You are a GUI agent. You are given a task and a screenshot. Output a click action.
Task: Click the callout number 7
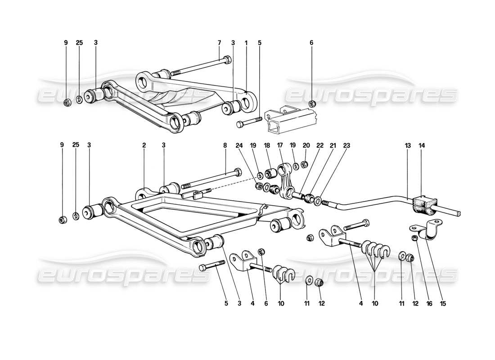pyautogui.click(x=219, y=43)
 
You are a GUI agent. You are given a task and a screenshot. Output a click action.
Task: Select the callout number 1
pyautogui.click(x=246, y=43)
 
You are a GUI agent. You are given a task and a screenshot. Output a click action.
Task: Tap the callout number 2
pyautogui.click(x=144, y=145)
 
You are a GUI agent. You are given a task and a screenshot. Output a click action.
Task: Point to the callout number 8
pyautogui.click(x=225, y=145)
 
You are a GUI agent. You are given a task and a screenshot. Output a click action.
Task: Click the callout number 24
pyautogui.click(x=238, y=145)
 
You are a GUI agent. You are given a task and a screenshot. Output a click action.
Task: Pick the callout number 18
pyautogui.click(x=266, y=145)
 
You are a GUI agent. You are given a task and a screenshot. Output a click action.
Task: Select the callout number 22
pyautogui.click(x=320, y=145)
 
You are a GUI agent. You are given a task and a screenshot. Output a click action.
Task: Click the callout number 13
pyautogui.click(x=408, y=145)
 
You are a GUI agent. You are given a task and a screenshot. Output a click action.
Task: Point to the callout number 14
pyautogui.click(x=422, y=145)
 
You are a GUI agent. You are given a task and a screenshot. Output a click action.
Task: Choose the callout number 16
pyautogui.click(x=429, y=304)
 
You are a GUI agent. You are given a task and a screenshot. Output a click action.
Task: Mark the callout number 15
pyautogui.click(x=444, y=304)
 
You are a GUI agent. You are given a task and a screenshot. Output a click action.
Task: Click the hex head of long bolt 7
pyautogui.click(x=228, y=59)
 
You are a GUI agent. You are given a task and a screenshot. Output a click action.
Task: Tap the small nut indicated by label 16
pyautogui.click(x=414, y=237)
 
